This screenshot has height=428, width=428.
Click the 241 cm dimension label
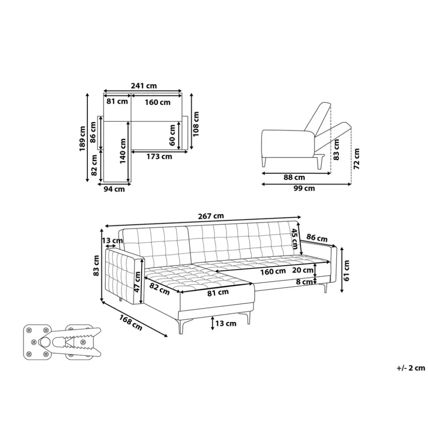(143, 86)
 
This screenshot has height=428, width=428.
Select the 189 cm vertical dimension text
(83, 138)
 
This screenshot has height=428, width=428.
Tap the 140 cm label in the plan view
(123, 151)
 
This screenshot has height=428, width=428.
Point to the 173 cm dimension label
(159, 157)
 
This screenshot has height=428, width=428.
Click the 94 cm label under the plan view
(114, 189)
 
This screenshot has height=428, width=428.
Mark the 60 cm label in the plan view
(172, 135)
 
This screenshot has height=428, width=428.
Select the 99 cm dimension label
(304, 188)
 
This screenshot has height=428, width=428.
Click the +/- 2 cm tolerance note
(410, 368)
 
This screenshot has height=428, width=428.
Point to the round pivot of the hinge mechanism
(44, 342)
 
